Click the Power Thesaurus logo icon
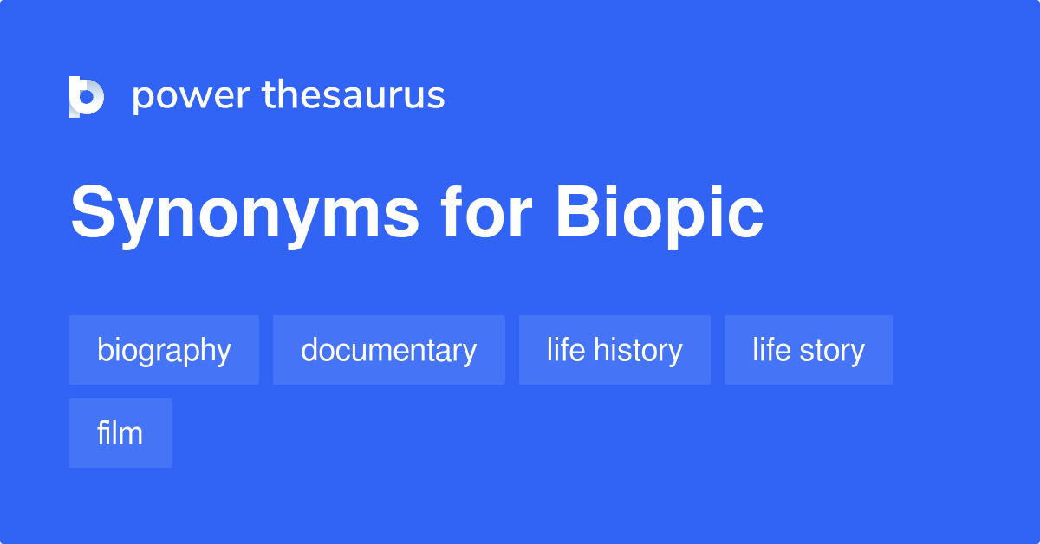[87, 96]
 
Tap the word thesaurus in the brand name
[354, 94]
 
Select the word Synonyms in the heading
[244, 216]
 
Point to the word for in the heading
[486, 210]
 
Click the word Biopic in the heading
[660, 216]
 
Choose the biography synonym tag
[164, 350]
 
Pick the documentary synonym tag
[389, 350]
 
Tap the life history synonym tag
[614, 350]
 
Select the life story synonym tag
[809, 350]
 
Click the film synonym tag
[120, 433]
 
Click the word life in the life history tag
[566, 349]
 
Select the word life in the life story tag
[771, 349]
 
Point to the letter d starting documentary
[310, 349]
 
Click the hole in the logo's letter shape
[87, 97]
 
